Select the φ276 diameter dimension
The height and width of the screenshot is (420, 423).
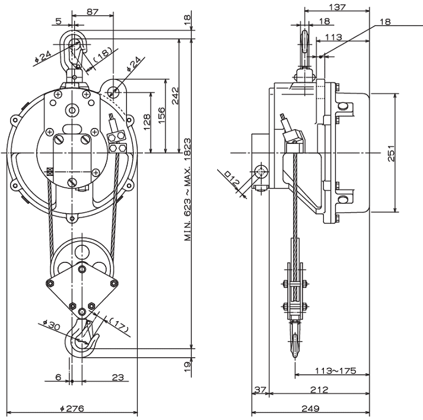[73, 408]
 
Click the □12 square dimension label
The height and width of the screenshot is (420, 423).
[233, 179]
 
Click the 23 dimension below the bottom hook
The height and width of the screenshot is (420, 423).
[117, 376]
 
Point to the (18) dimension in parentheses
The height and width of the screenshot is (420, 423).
[102, 56]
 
